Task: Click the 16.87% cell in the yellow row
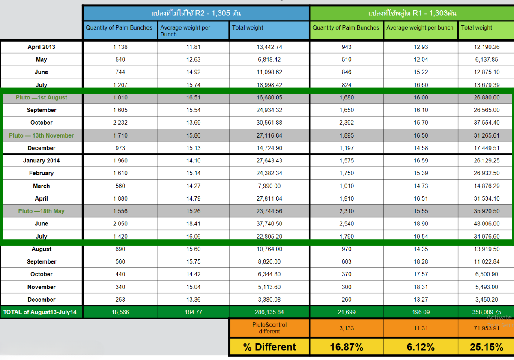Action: [347, 347]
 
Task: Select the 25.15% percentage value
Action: [486, 347]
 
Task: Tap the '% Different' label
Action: [269, 347]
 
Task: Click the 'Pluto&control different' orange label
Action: [269, 328]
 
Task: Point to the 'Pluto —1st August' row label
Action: [42, 98]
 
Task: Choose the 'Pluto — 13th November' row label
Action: [42, 135]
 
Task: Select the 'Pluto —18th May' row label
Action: [42, 211]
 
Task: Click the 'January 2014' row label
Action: [42, 161]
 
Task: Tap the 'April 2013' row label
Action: [42, 47]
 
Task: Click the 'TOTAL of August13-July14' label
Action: [40, 312]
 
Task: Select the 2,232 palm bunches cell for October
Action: [120, 123]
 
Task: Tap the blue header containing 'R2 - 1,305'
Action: [196, 13]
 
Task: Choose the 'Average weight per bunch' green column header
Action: [420, 28]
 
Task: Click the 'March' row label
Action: [42, 186]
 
